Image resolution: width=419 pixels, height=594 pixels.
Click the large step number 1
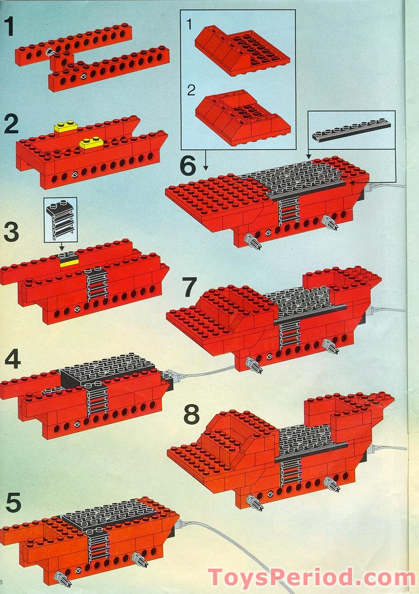[9, 27]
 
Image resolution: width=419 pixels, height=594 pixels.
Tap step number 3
[11, 232]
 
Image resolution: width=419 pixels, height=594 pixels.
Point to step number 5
[13, 503]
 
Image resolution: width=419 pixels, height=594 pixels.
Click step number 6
[188, 166]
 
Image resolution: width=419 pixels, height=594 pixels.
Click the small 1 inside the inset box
[189, 25]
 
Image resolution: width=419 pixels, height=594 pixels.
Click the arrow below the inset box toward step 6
[206, 160]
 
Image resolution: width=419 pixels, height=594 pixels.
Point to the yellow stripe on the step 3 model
[69, 262]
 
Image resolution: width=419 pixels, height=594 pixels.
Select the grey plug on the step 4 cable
[170, 376]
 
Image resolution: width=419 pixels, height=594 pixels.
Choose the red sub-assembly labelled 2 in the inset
[243, 117]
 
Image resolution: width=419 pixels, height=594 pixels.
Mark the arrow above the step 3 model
[62, 246]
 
